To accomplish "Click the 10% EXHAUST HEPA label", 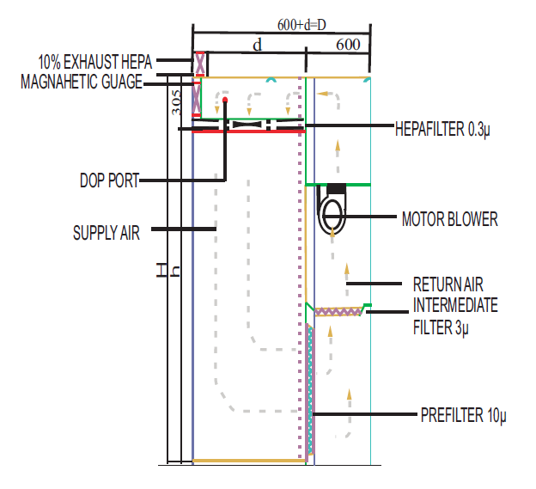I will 95,63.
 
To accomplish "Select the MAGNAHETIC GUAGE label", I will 82,83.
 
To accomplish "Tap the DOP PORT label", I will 108,180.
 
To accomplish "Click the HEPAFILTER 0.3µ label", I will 442,129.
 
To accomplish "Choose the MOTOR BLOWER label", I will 449,219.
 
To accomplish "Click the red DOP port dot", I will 225,101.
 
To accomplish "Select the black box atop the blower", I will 335,188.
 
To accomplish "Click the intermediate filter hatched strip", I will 338,311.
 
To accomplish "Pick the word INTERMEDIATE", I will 455,305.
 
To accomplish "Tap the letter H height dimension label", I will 161,272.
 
